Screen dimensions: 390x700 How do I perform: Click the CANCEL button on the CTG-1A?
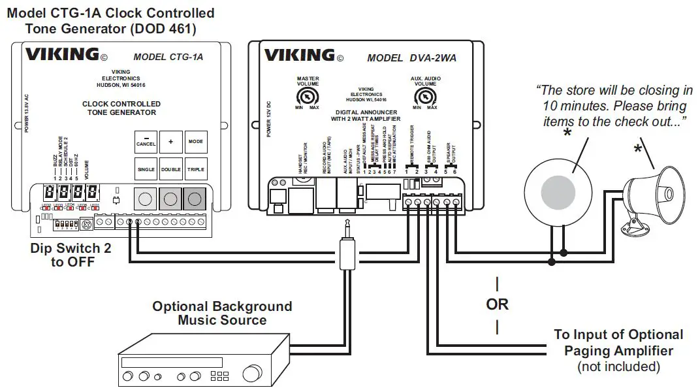click(x=146, y=142)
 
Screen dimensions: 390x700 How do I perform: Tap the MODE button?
click(x=195, y=142)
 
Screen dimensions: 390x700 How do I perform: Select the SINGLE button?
click(x=146, y=169)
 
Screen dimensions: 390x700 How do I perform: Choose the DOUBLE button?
click(x=171, y=169)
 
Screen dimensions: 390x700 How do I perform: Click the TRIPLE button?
click(x=195, y=169)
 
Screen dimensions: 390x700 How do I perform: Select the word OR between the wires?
click(x=498, y=304)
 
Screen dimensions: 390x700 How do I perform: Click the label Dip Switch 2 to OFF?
click(x=67, y=255)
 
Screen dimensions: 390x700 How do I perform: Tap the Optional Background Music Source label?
click(x=222, y=314)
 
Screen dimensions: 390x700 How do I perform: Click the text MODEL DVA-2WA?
click(x=411, y=57)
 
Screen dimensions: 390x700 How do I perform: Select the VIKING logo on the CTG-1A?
click(x=62, y=56)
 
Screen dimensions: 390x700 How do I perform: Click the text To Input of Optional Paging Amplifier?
click(x=618, y=343)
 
